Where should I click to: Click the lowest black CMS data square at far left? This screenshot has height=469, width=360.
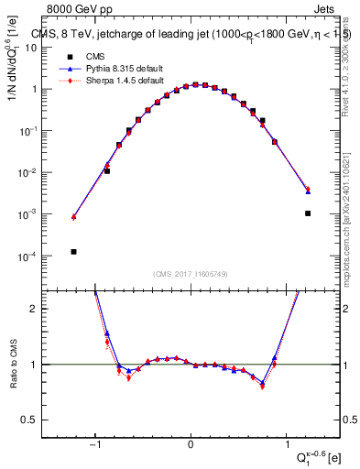point(73,252)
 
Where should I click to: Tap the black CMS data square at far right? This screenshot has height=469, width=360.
point(308,213)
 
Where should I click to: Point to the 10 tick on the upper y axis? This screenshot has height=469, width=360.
point(55,48)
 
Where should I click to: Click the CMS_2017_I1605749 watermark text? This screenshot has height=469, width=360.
point(191,274)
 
